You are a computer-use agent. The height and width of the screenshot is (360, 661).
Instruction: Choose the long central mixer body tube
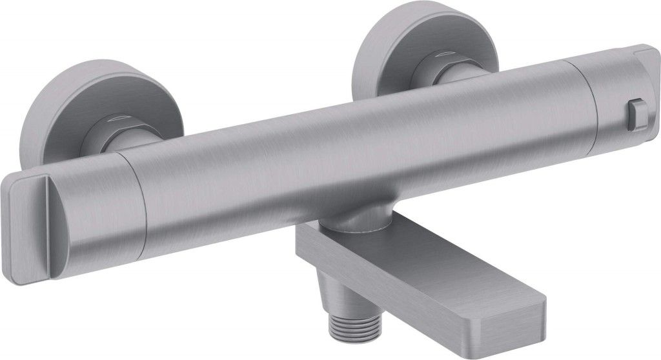[x=355, y=148]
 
